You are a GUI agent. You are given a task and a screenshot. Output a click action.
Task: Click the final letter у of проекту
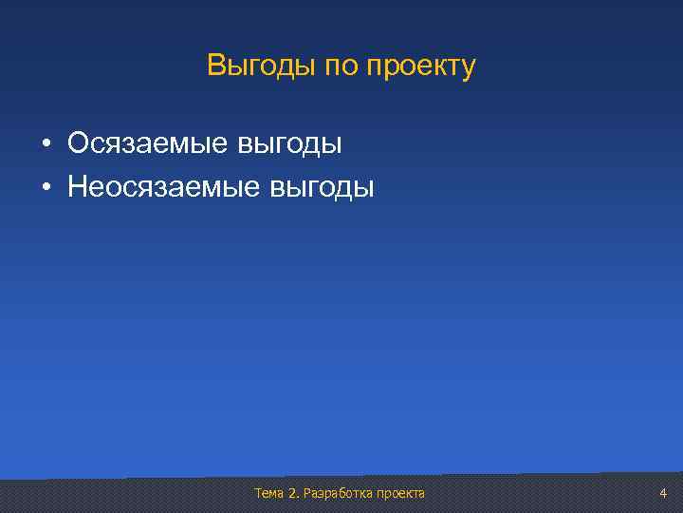point(468,69)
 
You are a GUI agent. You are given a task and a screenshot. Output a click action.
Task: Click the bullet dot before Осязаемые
point(45,145)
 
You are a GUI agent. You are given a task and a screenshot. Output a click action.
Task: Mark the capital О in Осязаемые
point(79,143)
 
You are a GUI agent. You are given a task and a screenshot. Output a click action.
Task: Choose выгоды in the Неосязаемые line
point(323,188)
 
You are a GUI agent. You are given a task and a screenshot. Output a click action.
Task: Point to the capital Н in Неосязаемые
point(78,186)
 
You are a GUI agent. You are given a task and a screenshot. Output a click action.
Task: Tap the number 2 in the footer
point(291,493)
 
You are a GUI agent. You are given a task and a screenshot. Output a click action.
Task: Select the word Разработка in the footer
point(337,493)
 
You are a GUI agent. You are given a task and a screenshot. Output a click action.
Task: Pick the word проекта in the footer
point(400,493)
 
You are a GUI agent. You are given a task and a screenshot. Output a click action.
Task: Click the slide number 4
point(663,493)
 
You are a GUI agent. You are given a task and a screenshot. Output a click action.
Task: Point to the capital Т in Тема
point(258,493)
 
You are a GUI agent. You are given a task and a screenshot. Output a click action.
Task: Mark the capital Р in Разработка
point(305,493)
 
